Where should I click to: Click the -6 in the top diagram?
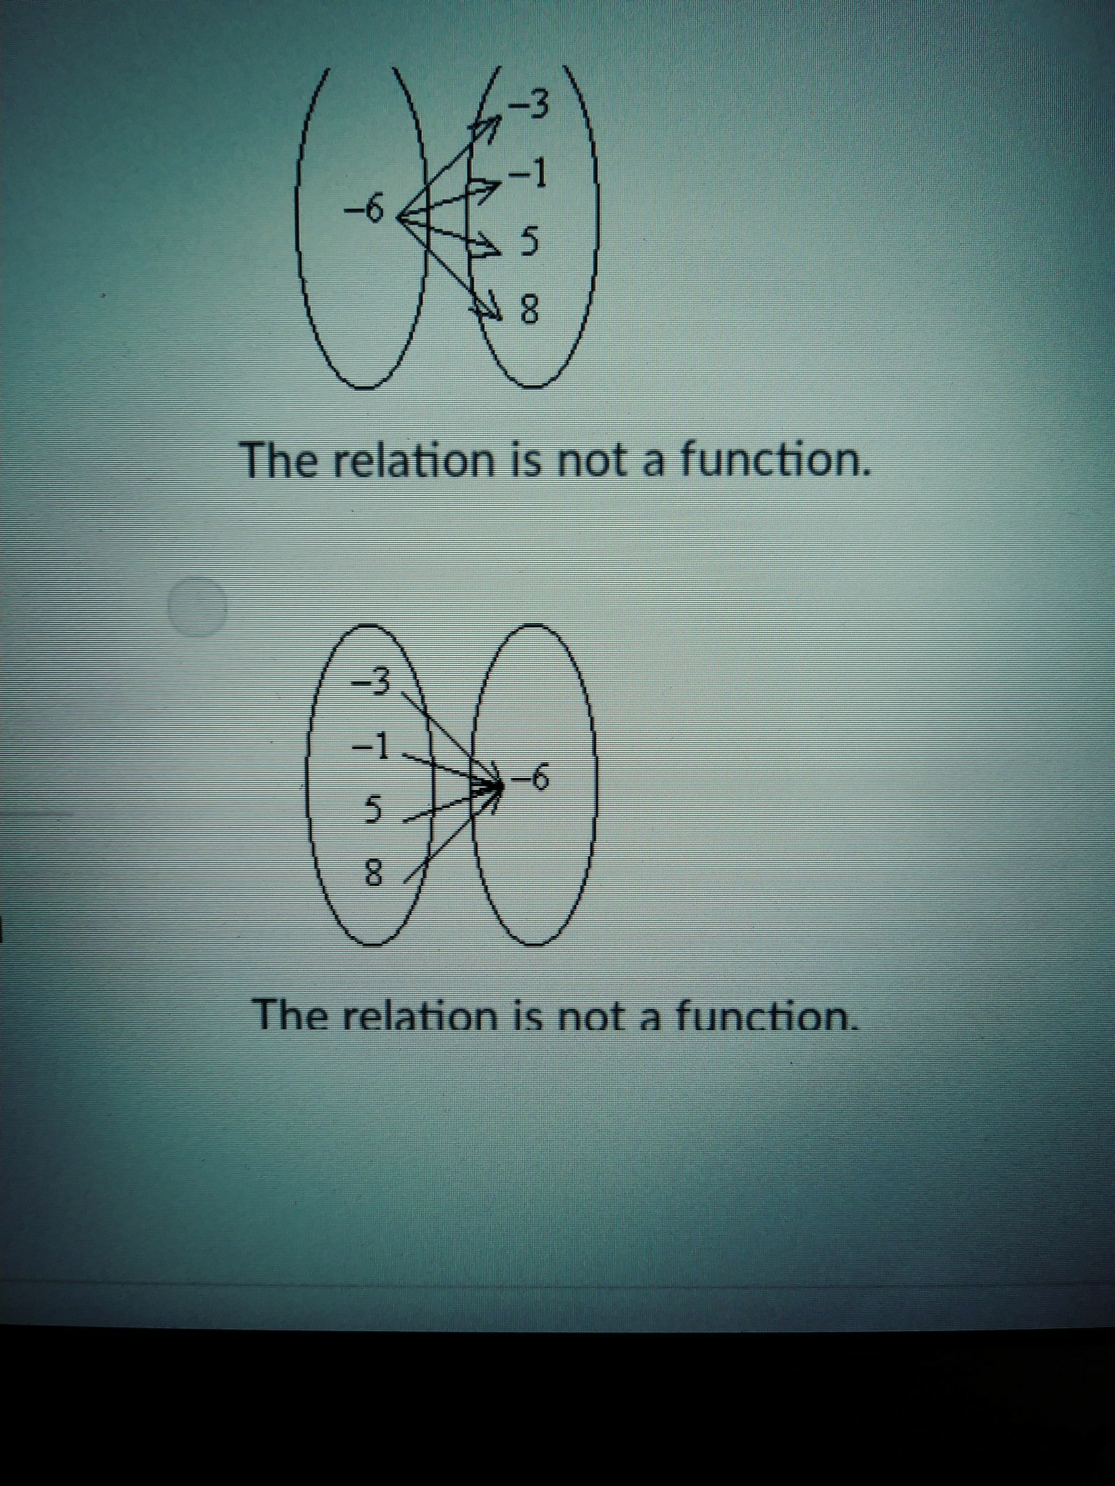[x=365, y=209]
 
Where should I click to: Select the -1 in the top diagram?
[x=529, y=174]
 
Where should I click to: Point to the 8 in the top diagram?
[x=528, y=309]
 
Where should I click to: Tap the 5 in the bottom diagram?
[x=373, y=809]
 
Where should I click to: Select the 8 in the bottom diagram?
[x=374, y=873]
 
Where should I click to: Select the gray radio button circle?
[x=197, y=606]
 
